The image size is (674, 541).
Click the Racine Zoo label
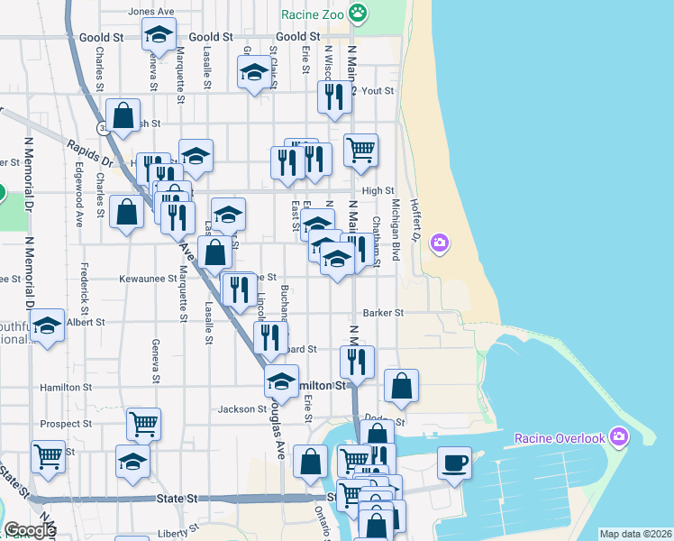click(x=312, y=14)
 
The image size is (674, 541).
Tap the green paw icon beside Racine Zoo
click(x=359, y=13)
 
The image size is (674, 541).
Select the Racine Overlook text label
click(x=560, y=438)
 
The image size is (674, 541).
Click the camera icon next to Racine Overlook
click(x=618, y=437)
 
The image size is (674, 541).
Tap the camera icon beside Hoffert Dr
click(x=440, y=243)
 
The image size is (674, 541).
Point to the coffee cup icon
click(x=454, y=462)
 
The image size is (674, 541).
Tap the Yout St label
click(x=378, y=91)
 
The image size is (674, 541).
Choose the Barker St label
click(x=383, y=313)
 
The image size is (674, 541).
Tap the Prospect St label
click(x=66, y=423)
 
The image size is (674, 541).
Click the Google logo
click(x=31, y=530)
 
